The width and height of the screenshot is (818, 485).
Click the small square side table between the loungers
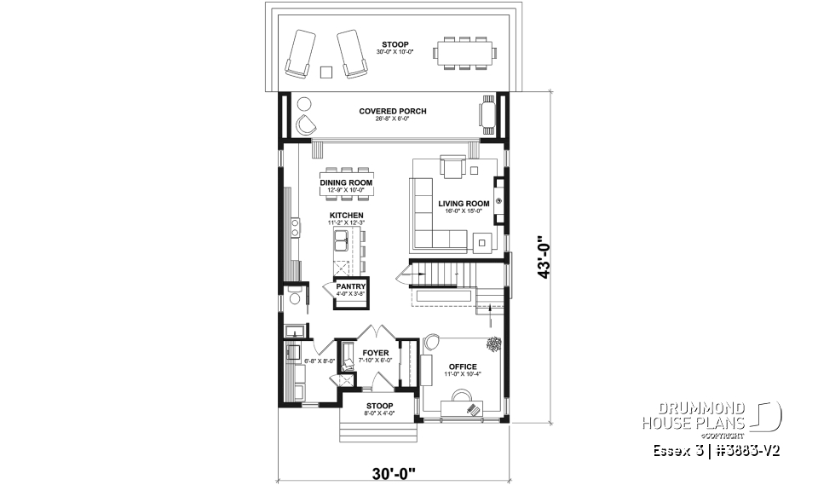tap(325, 72)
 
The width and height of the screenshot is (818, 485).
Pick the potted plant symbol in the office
tap(493, 344)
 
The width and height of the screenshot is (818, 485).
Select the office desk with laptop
tap(465, 403)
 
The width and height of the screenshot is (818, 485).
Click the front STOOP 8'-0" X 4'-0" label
tap(379, 409)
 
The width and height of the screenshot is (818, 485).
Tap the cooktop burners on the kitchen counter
tap(295, 228)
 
